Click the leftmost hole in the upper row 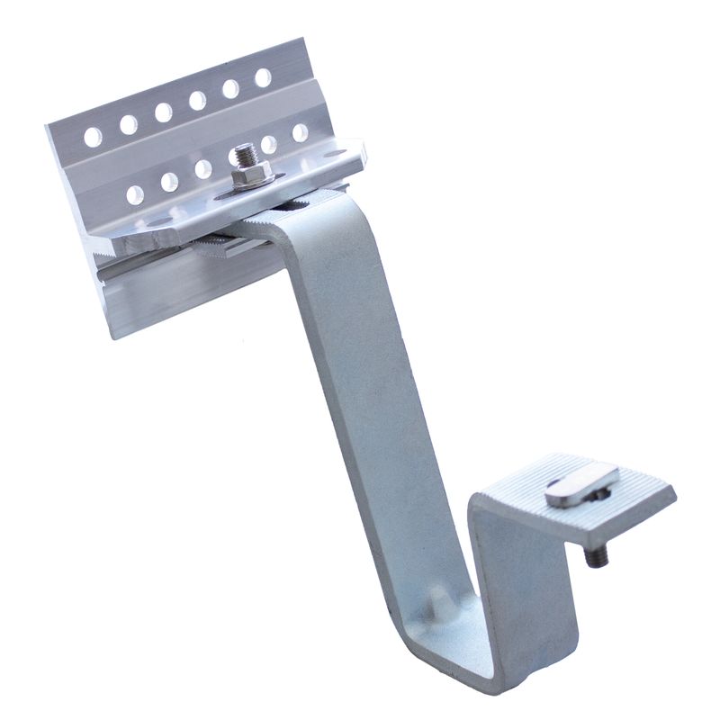[92, 137]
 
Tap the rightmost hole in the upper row [263, 77]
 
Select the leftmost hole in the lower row [136, 193]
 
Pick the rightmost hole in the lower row [300, 132]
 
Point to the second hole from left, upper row [128, 124]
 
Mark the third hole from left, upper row [163, 112]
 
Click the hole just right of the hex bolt [268, 144]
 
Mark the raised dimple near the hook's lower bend [440, 602]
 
